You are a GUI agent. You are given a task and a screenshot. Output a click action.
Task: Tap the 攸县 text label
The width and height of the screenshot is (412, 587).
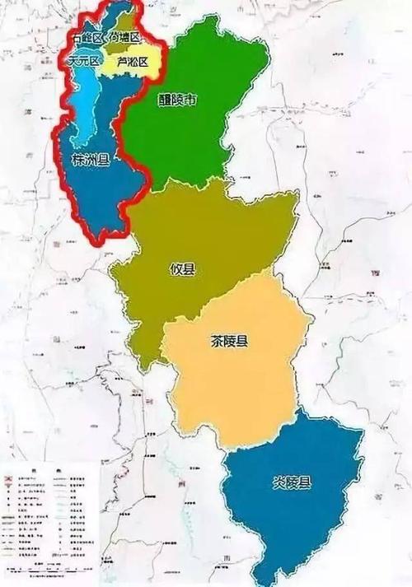[x=183, y=269]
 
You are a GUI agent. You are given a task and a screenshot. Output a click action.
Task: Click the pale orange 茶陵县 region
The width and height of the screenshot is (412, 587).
[x=239, y=387]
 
